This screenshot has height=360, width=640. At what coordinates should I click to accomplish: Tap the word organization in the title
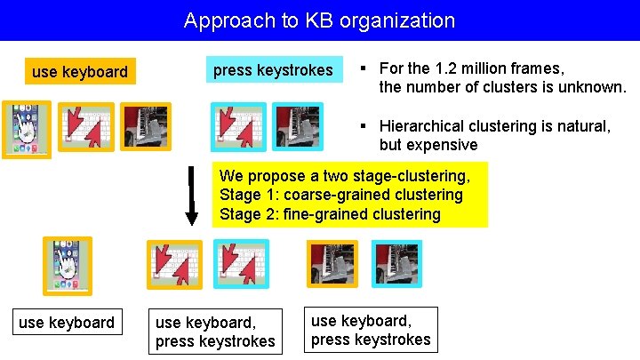click(401, 20)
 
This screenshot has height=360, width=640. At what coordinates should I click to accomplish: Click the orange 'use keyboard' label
click(79, 71)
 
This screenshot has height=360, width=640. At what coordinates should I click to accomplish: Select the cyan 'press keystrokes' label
click(273, 70)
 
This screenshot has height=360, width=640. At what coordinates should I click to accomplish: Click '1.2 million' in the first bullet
click(467, 68)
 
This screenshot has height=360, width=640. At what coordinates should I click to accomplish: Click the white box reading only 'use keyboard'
click(67, 322)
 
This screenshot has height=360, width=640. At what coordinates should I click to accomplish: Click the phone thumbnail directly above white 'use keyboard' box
click(68, 266)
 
